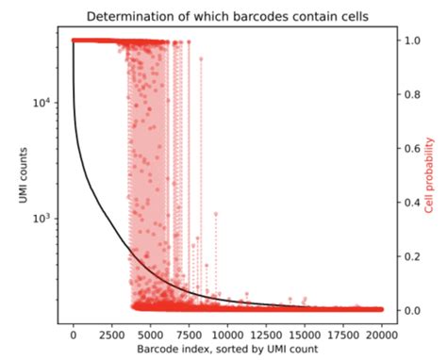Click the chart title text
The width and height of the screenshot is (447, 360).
[227, 16]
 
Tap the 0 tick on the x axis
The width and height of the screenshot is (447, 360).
[74, 335]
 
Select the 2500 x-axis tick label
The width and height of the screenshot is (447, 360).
[112, 335]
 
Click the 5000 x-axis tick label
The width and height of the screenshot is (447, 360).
[151, 335]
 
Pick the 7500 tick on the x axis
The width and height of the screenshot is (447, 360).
[189, 335]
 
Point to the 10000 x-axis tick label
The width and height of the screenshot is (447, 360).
[227, 335]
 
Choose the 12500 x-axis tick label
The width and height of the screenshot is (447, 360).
[266, 335]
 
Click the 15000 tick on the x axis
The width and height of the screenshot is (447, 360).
[305, 335]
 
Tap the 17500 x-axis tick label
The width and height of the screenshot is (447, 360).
[343, 335]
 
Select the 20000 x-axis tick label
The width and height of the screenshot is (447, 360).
[381, 335]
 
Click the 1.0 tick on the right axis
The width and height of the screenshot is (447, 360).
[411, 41]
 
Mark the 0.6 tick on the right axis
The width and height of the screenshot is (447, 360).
[411, 149]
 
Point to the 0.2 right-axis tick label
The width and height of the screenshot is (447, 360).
[411, 256]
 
